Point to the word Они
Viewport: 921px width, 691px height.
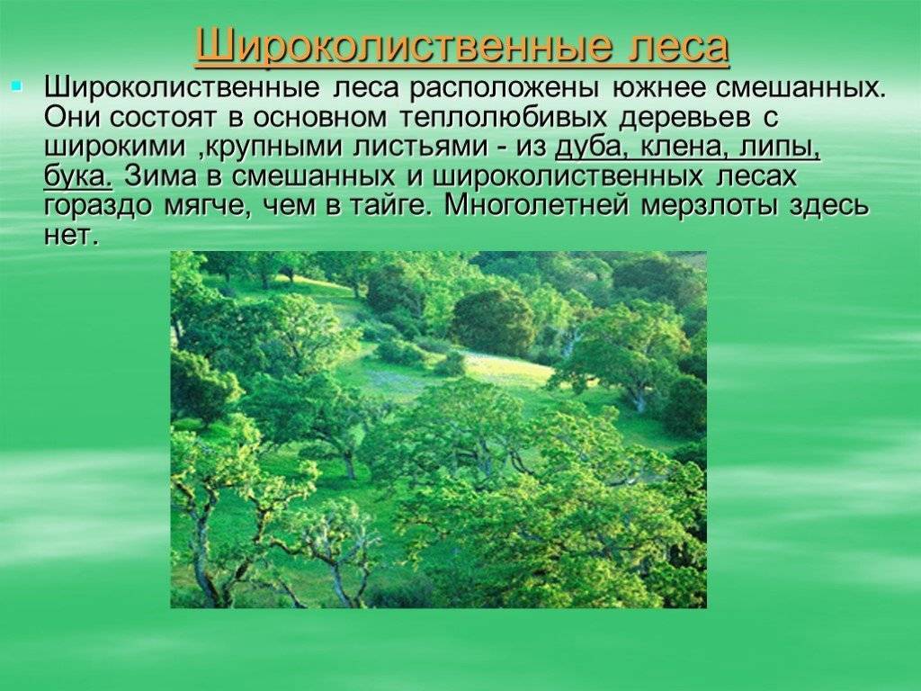coord(70,118)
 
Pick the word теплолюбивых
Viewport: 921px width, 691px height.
coord(503,118)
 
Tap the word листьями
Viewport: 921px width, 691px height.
coord(419,147)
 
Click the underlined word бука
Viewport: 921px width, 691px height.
coord(77,177)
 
